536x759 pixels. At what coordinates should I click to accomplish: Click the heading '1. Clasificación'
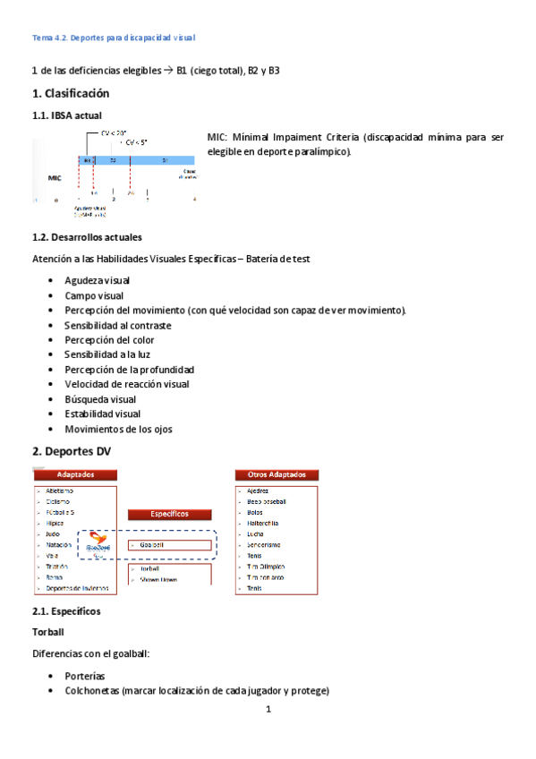click(x=71, y=93)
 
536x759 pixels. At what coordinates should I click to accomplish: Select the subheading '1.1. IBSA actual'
click(x=67, y=115)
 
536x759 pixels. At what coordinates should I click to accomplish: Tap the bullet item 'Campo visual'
click(x=94, y=295)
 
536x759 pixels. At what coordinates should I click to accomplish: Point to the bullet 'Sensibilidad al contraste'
click(x=117, y=325)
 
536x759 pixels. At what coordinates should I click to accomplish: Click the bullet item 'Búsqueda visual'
click(x=100, y=399)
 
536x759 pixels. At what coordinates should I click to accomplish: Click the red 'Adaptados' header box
click(x=75, y=474)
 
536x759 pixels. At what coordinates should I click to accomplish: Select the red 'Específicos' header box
click(x=169, y=515)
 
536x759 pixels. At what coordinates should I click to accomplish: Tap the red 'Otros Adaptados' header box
click(x=277, y=474)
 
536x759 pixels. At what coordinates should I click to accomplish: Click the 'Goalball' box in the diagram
click(x=170, y=544)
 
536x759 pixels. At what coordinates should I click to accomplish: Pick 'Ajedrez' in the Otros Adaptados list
click(x=258, y=491)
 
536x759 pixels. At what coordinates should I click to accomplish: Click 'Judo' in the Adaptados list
click(x=54, y=534)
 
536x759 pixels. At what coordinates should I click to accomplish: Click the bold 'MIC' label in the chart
click(x=55, y=178)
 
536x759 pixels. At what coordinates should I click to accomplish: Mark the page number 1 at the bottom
click(x=268, y=710)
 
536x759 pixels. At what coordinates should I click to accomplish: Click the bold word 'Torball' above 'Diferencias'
click(x=49, y=632)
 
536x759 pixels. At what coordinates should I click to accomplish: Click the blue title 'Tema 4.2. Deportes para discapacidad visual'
click(x=114, y=38)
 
